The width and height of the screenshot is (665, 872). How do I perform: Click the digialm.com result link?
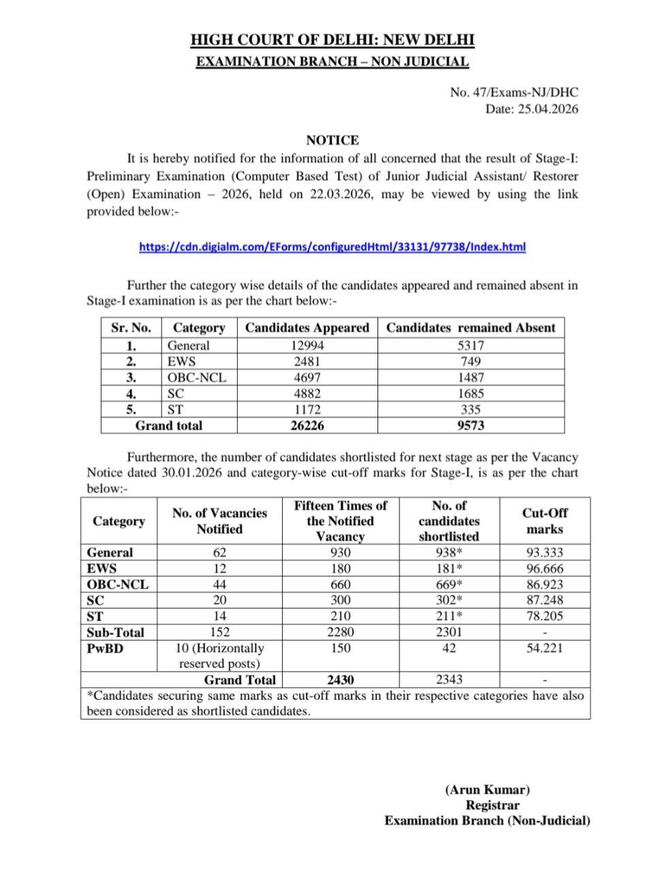(332, 247)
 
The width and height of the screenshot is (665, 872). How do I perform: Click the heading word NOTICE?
(332, 141)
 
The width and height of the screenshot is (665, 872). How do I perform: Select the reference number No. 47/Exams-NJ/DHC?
(514, 93)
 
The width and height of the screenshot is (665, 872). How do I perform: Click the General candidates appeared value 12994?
(307, 345)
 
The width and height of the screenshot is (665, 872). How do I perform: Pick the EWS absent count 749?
(471, 361)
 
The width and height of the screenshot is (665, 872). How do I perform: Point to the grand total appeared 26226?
(307, 426)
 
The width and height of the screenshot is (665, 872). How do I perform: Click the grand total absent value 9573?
(471, 426)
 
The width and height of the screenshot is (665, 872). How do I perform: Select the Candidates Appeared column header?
(307, 328)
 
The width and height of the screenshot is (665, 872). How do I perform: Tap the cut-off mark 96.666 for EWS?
(544, 569)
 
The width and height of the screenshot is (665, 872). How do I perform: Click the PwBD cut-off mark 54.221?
(544, 648)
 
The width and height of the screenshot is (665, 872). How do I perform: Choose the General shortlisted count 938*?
(448, 553)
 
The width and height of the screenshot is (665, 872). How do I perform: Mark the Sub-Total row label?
(115, 632)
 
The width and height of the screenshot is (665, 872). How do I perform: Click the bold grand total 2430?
(340, 680)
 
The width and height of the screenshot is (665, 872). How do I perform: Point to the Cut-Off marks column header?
(544, 521)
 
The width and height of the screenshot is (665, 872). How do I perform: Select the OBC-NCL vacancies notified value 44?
(219, 585)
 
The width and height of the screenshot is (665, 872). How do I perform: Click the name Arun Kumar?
(487, 790)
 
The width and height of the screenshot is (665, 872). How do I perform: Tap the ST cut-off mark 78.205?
(544, 617)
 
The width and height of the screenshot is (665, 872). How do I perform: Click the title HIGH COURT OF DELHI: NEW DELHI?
(332, 41)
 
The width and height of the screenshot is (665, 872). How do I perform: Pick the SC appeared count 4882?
(307, 394)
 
